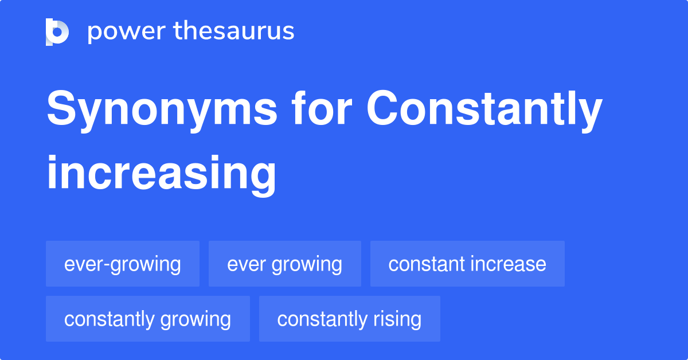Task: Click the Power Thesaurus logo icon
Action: point(57,32)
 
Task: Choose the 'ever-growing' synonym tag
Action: point(123,264)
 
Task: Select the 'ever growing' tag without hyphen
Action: point(285,264)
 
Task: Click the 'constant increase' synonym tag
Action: point(467,264)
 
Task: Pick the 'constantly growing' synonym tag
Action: point(147,319)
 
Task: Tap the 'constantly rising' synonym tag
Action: point(349,319)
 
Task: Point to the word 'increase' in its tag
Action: point(508,264)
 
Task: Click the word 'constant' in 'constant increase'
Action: point(426,264)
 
